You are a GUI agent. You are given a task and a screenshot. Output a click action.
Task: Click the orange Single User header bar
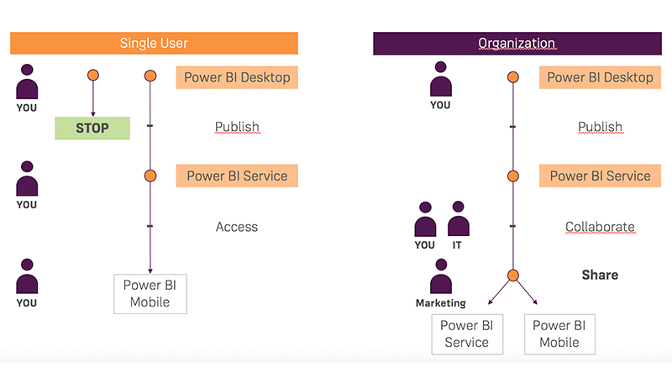pos(154,43)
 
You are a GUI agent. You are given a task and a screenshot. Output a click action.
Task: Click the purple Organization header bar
pos(516,43)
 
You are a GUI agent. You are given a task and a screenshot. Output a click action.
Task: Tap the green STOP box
pos(92,128)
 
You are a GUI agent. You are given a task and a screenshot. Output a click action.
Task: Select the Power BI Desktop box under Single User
pos(237,77)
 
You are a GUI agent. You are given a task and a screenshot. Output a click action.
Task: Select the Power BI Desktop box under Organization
pos(600,77)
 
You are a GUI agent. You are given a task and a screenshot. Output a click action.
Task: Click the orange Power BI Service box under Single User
pos(237,176)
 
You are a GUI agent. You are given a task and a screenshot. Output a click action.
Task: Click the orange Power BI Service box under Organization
pos(600,176)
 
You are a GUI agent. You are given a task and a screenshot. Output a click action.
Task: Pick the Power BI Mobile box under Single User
pos(150,293)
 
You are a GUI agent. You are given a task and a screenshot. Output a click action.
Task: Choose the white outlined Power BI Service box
pos(466,333)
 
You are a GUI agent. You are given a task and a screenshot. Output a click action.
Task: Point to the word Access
pos(237,227)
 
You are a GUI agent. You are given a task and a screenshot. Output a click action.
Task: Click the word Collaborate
pos(600,227)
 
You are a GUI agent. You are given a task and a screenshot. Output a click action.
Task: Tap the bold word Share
pos(600,275)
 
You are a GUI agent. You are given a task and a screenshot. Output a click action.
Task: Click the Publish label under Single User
pos(237,127)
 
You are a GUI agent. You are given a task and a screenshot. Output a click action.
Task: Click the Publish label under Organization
pos(600,127)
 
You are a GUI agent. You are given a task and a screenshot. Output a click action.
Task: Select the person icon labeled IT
pos(458,220)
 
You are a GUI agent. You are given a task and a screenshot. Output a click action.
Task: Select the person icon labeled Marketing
pos(440,277)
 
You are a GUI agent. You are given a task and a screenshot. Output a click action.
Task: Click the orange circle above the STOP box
pos(93,76)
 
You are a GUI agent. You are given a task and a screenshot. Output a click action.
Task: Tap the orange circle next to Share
pos(512,275)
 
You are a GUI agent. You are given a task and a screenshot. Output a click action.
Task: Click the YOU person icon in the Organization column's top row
pos(440,81)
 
